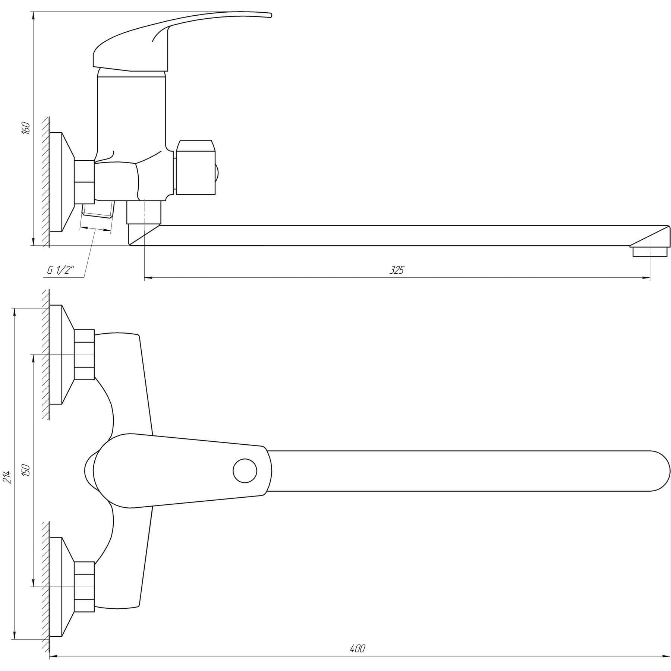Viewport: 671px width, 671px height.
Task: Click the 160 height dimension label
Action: tap(26, 128)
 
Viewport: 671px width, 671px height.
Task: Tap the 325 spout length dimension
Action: tap(397, 270)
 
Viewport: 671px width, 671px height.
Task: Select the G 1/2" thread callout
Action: tap(61, 271)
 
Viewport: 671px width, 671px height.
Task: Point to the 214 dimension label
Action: tap(7, 477)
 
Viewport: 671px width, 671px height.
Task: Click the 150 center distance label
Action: tap(26, 471)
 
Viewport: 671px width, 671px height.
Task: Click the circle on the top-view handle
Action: tap(245, 471)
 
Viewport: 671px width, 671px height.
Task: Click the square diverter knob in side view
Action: tap(195, 167)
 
